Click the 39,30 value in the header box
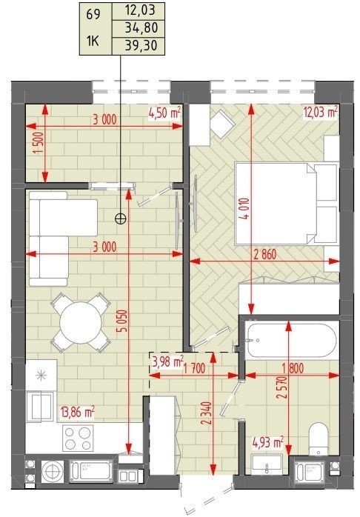tap(141, 45)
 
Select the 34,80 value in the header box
tap(141, 28)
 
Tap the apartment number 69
tap(93, 15)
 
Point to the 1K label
tap(93, 42)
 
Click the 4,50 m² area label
tap(165, 113)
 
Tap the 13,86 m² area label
tap(78, 412)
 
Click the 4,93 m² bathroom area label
tap(267, 442)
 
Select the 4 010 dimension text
tap(247, 209)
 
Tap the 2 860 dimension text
tap(264, 255)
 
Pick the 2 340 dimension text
tap(207, 413)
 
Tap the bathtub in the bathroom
tap(292, 340)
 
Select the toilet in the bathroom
tap(318, 438)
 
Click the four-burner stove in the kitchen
tap(78, 438)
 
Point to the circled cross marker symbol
tap(121, 218)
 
